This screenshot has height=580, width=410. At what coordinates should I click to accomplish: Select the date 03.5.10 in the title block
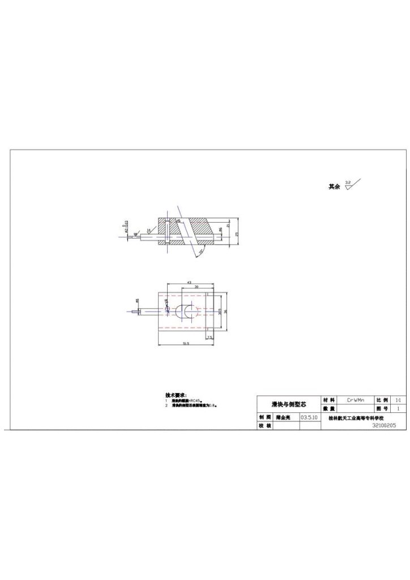[x=309, y=417]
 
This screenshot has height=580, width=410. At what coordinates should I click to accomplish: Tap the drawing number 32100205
[x=384, y=425]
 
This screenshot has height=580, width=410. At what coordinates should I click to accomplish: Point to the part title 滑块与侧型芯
[x=289, y=404]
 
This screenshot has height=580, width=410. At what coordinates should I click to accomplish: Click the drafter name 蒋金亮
[x=283, y=417]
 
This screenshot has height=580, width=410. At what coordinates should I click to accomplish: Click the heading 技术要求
[x=176, y=395]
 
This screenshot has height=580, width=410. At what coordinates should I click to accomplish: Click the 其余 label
[x=334, y=186]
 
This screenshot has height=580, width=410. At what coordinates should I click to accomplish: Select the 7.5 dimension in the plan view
[x=209, y=337]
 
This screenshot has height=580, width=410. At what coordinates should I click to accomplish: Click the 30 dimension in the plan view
[x=196, y=287]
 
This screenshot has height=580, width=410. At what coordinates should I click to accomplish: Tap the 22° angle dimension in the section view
[x=201, y=251]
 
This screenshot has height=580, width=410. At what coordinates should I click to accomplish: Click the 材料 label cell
[x=328, y=400]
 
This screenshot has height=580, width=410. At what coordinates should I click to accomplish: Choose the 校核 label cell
[x=264, y=425]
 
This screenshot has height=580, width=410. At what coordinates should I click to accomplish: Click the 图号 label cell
[x=382, y=408]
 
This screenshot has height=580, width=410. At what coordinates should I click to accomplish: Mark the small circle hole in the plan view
[x=168, y=309]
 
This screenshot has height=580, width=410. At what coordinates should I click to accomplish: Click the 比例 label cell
[x=382, y=400]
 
